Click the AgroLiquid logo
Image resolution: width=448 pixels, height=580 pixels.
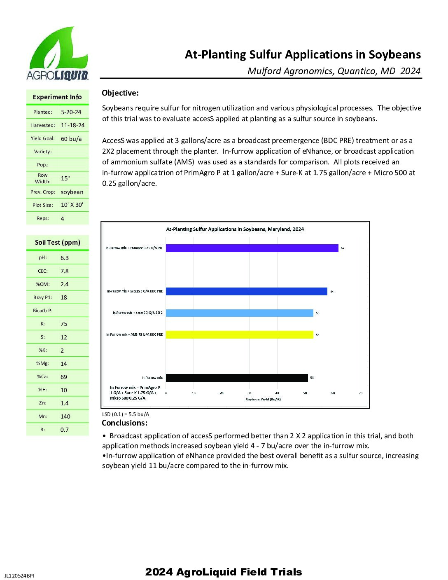pyautogui.click(x=57, y=54)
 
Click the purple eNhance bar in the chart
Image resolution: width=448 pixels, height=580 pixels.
pyautogui.click(x=252, y=248)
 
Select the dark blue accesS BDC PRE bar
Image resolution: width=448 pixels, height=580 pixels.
pyautogui.click(x=246, y=291)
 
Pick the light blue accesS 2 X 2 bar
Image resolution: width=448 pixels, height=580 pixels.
pyautogui.click(x=239, y=313)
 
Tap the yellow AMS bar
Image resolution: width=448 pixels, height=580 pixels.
pyautogui.click(x=239, y=334)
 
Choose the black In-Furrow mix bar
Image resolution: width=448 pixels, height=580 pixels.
pyautogui.click(x=236, y=378)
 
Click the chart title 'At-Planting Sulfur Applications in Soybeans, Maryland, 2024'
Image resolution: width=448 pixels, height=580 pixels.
pyautogui.click(x=235, y=229)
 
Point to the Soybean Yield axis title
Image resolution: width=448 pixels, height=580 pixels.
pyautogui.click(x=263, y=399)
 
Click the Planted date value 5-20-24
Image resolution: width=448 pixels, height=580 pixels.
pyautogui.click(x=71, y=112)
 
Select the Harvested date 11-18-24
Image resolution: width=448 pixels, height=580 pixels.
pyautogui.click(x=72, y=125)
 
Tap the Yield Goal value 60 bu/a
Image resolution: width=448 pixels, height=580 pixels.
pyautogui.click(x=71, y=139)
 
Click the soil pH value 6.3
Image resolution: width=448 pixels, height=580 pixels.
pyautogui.click(x=65, y=258)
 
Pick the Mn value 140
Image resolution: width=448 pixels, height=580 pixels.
pyautogui.click(x=65, y=416)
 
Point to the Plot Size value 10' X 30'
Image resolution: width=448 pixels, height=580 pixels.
pyautogui.click(x=72, y=205)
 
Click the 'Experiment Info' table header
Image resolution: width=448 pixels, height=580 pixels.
pyautogui.click(x=57, y=97)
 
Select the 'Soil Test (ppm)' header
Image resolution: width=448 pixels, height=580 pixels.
pyautogui.click(x=58, y=242)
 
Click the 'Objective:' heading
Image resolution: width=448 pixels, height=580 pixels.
pyautogui.click(x=120, y=93)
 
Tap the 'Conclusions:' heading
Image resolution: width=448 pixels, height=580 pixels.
pyautogui.click(x=124, y=423)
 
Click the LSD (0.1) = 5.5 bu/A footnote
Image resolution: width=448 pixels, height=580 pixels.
pyautogui.click(x=126, y=414)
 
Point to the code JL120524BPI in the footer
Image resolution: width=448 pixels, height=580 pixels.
pyautogui.click(x=19, y=575)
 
